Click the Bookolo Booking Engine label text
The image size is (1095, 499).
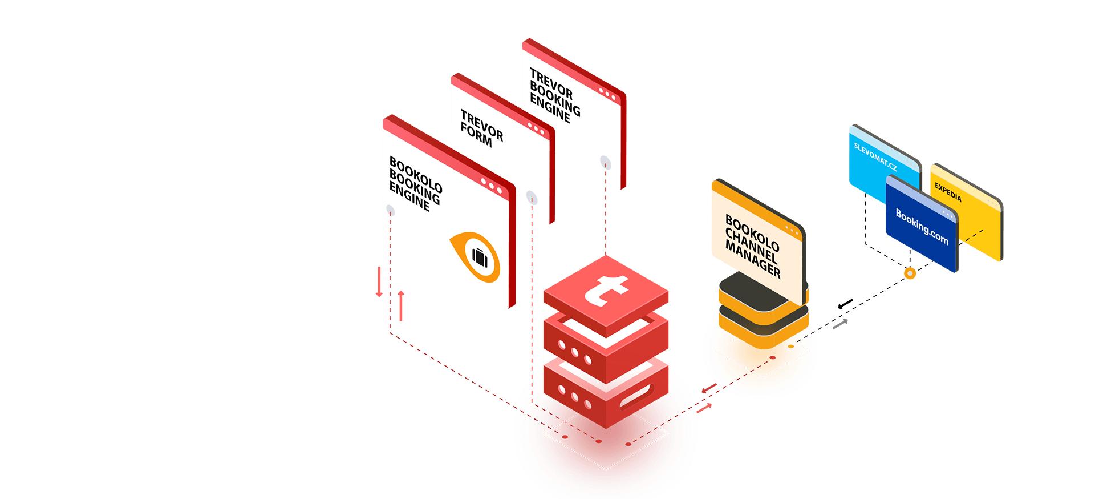coord(415,183)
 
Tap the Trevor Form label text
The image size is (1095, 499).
coord(481,128)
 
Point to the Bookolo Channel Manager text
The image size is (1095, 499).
coord(752,246)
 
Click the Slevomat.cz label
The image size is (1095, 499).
coord(875,156)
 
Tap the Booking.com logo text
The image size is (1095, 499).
coord(922,227)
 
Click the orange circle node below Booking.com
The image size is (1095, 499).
coord(910,273)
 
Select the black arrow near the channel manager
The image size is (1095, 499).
coord(845,304)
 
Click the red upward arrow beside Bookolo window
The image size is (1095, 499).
coord(401,305)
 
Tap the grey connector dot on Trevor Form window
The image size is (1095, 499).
coord(532,198)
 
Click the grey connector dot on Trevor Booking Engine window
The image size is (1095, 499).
coord(606,163)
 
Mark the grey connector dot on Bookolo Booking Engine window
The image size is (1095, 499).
coord(390,210)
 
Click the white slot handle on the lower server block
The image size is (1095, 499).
coord(635,396)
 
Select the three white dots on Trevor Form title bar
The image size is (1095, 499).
coord(536,128)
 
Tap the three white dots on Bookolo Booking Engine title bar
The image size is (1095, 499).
coord(491,186)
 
